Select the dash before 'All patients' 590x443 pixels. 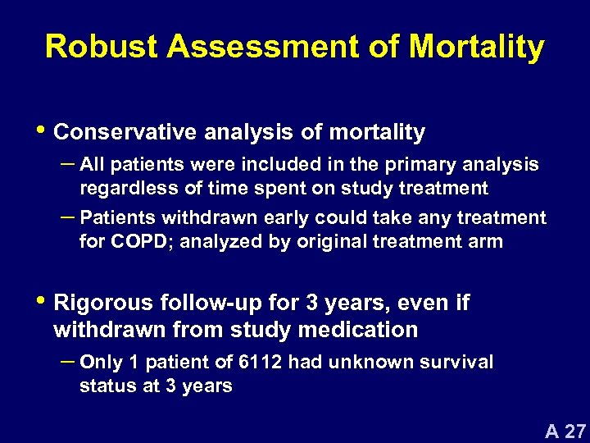67,164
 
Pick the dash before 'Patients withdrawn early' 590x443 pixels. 67,217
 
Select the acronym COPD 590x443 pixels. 143,242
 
